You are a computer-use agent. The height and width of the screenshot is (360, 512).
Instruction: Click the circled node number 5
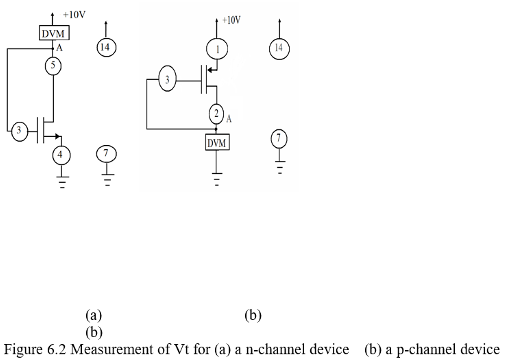click(x=53, y=66)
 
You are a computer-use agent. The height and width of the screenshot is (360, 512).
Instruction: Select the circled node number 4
click(x=61, y=155)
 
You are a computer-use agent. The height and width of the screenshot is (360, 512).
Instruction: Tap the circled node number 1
click(x=217, y=49)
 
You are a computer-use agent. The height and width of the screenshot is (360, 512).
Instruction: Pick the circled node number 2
click(x=216, y=114)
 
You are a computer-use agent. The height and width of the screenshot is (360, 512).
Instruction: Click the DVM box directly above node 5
click(x=54, y=34)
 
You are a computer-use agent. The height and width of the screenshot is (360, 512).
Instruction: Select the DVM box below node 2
click(x=216, y=143)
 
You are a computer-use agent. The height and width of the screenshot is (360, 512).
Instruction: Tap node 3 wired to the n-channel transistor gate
click(x=20, y=131)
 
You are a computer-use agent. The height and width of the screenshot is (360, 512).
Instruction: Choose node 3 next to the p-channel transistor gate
click(x=167, y=80)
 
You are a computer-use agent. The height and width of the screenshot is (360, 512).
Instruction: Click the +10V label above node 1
click(x=231, y=20)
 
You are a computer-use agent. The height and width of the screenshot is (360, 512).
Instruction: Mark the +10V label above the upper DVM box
click(x=74, y=14)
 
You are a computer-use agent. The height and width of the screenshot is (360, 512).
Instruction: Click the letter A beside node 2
click(x=229, y=119)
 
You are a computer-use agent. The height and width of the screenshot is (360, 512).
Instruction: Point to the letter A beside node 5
click(x=59, y=49)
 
